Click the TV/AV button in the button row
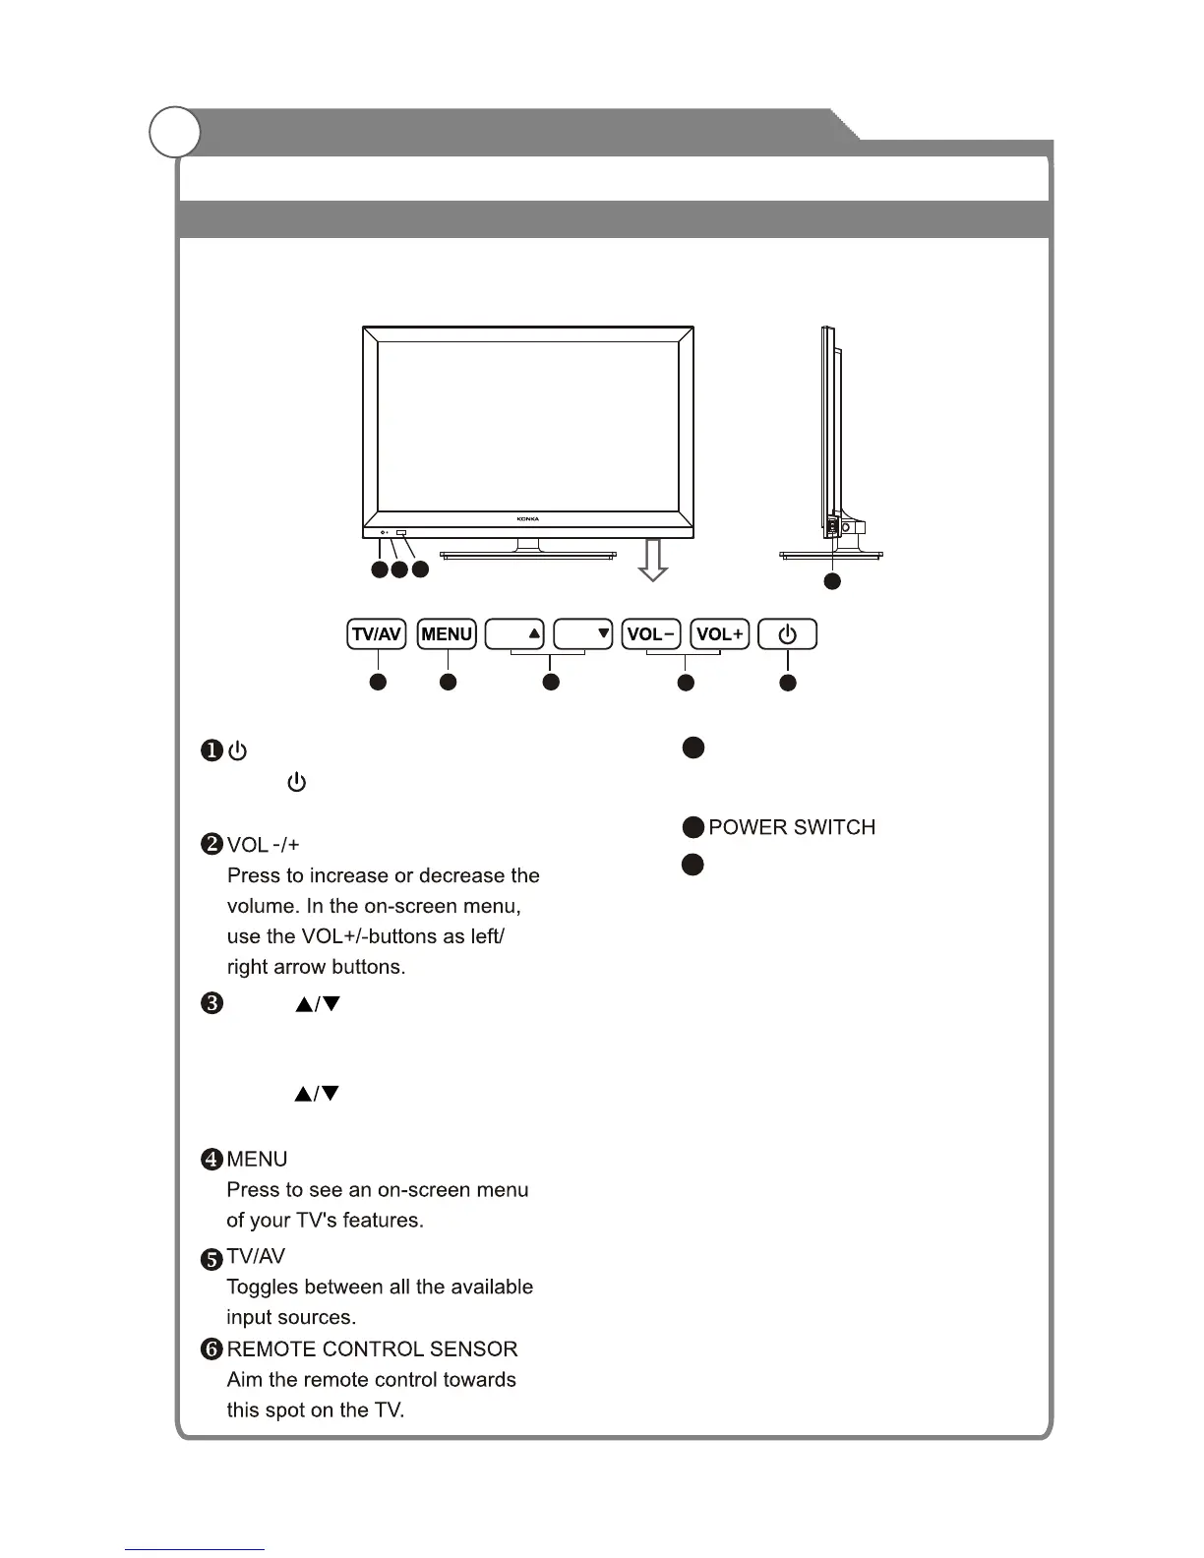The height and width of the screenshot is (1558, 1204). click(x=377, y=634)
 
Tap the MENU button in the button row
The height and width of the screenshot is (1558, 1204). click(x=447, y=634)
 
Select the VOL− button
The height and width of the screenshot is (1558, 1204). click(x=651, y=634)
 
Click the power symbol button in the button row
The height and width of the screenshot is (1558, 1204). click(x=787, y=634)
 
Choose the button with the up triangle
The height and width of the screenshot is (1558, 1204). click(x=514, y=634)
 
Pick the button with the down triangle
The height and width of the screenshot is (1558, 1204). click(x=583, y=634)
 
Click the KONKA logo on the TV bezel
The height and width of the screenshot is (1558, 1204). click(x=528, y=518)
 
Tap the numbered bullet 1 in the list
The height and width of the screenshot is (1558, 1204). click(x=212, y=751)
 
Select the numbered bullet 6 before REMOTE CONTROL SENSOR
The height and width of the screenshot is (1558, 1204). click(x=212, y=1349)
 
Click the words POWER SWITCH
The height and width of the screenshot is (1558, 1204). click(x=792, y=827)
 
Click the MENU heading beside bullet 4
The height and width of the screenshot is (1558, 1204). click(x=257, y=1160)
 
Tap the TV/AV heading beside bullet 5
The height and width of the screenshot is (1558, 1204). click(x=256, y=1257)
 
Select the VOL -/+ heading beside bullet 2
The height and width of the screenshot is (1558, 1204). click(x=264, y=845)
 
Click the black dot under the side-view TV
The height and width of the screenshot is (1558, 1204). click(x=832, y=581)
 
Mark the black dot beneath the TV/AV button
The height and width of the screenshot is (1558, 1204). click(x=377, y=682)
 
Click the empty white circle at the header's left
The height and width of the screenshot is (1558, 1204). click(x=175, y=132)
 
